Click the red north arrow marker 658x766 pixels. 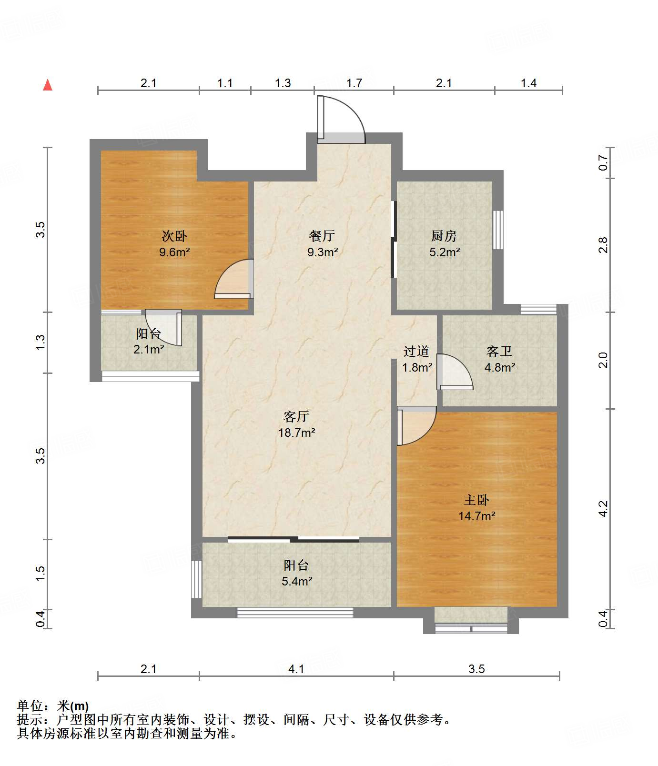(x=48, y=85)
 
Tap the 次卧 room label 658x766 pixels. (x=174, y=236)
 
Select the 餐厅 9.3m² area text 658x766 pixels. (x=323, y=252)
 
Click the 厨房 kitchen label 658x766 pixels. (x=444, y=236)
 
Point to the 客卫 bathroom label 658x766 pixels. (x=499, y=352)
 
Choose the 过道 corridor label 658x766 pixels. (x=416, y=352)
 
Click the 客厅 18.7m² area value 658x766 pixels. (x=297, y=433)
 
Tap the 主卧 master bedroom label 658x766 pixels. (x=476, y=500)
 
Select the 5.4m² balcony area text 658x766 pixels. (x=297, y=582)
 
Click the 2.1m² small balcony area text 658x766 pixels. (x=149, y=350)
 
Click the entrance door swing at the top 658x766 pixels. (x=341, y=119)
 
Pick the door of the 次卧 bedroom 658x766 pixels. (x=233, y=279)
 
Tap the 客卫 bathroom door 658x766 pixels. (x=455, y=372)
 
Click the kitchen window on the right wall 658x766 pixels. (x=498, y=230)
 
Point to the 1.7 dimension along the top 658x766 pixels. (x=354, y=83)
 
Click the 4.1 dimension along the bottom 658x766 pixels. (x=296, y=669)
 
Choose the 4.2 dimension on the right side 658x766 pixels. (x=603, y=509)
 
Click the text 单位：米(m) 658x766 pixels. (x=53, y=706)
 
